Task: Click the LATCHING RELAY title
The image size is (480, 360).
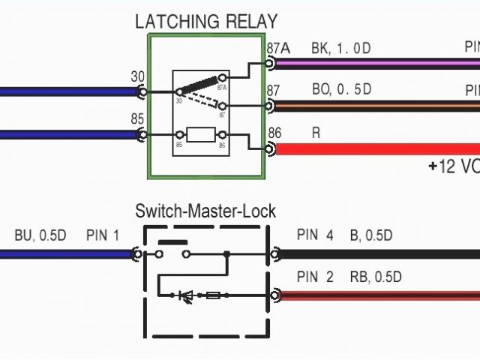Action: tap(205, 21)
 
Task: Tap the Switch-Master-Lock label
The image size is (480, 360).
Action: tap(205, 211)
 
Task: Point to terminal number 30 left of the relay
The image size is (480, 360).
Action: tap(138, 76)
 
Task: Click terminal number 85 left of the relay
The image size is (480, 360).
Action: tap(138, 118)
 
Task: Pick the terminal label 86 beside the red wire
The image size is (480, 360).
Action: tap(274, 133)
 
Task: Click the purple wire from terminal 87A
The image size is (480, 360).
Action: tap(375, 64)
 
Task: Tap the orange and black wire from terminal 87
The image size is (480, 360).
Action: tap(375, 106)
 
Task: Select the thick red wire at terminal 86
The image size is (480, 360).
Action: tap(375, 148)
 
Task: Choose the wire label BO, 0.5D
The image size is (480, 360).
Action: tap(341, 91)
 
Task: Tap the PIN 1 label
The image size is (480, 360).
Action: tap(103, 235)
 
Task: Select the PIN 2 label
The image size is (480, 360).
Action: tap(315, 277)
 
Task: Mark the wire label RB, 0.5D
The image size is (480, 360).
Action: tap(376, 277)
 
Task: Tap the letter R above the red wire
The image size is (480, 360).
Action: tap(316, 133)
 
